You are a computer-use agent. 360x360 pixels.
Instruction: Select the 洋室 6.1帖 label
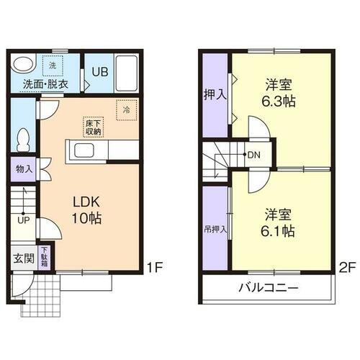pos(277,222)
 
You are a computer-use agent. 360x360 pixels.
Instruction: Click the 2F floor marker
pos(348,267)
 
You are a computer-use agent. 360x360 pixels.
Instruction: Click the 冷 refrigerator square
pos(126,110)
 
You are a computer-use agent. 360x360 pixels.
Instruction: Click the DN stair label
pos(255,154)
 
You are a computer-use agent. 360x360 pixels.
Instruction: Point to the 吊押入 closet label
pos(215,230)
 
